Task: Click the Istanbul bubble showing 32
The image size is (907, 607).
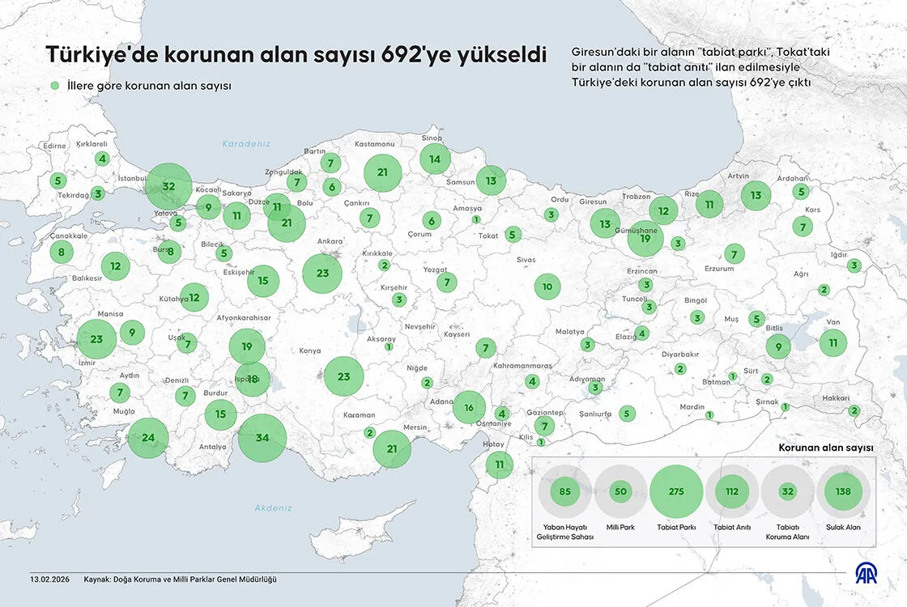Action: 168,186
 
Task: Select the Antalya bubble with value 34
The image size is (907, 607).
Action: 262,437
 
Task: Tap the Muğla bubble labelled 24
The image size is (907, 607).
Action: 148,438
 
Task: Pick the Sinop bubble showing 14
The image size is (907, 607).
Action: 435,159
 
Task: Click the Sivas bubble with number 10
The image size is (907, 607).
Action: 547,287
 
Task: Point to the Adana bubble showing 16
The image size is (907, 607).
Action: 469,407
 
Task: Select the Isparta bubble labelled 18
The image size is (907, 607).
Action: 253,379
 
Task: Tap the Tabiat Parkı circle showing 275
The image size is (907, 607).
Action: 677,491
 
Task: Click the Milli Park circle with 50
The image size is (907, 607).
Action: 621,491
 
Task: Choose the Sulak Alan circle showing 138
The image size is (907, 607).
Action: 843,491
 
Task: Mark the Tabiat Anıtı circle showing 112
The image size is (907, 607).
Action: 732,491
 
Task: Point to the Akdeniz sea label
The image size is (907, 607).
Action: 273,507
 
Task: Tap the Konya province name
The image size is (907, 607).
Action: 310,351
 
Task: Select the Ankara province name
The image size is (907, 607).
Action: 330,241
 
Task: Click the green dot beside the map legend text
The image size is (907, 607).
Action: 54,86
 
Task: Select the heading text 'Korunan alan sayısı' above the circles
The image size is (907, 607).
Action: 825,448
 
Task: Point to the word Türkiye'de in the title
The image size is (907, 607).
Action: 103,55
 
